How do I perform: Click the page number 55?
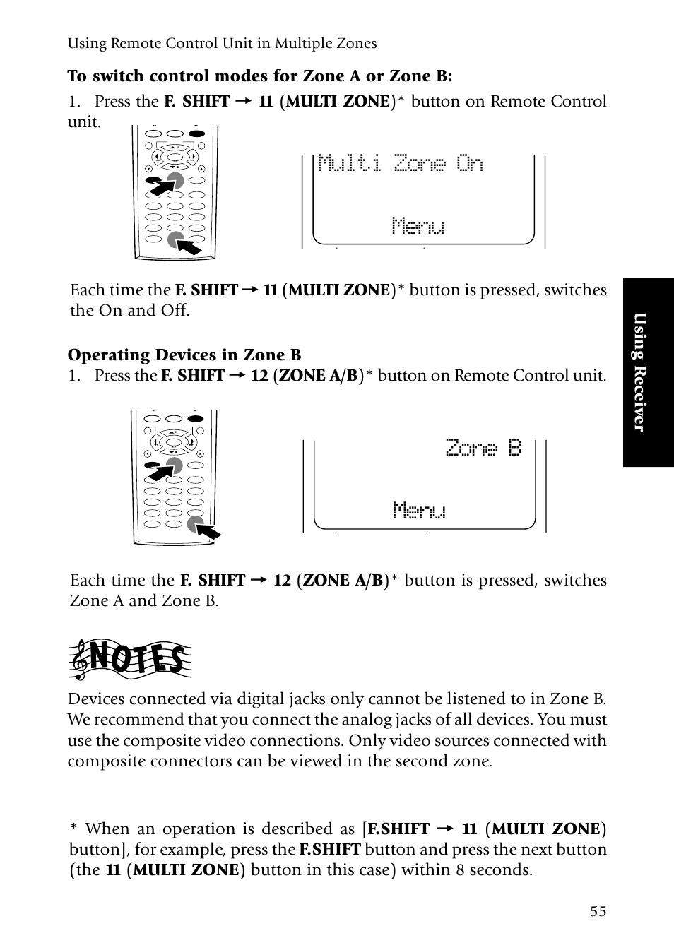pos(598,911)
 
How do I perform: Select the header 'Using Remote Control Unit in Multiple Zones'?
pos(222,43)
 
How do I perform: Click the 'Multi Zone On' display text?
pos(401,163)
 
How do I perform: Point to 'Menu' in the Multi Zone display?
pos(418,226)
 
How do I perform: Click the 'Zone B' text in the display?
pos(483,448)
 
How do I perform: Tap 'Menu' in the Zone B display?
pos(419,510)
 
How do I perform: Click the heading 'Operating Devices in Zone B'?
pos(184,355)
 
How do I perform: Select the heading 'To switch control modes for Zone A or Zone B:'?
pos(260,76)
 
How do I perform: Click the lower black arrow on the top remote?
pos(189,247)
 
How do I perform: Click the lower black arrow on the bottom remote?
pos(209,531)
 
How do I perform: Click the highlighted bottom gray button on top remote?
pos(175,240)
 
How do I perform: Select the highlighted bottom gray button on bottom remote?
pos(195,524)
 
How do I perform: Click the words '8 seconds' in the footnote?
pos(494,869)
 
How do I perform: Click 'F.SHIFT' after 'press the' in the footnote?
pos(330,849)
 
